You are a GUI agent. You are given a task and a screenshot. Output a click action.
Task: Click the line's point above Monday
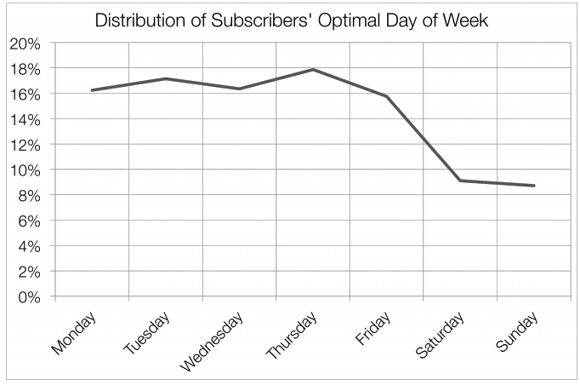pyautogui.click(x=92, y=90)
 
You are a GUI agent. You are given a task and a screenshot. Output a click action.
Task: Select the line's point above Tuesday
pyautogui.click(x=165, y=78)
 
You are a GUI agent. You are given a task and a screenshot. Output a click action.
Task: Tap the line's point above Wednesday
pyautogui.click(x=239, y=89)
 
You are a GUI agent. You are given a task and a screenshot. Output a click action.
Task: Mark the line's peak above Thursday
pyautogui.click(x=313, y=70)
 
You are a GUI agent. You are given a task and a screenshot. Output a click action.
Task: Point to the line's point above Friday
pyautogui.click(x=386, y=96)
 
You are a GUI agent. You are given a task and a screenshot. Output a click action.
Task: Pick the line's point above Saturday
pyautogui.click(x=460, y=181)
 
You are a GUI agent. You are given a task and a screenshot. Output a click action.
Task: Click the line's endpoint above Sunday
pyautogui.click(x=533, y=186)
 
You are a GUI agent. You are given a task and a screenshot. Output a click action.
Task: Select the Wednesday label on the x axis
pyautogui.click(x=213, y=342)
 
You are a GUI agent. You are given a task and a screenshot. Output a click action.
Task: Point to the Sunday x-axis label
pyautogui.click(x=516, y=332)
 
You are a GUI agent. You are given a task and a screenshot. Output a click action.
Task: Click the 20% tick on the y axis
pyautogui.click(x=28, y=43)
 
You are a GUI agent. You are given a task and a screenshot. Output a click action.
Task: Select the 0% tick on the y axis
pyautogui.click(x=32, y=297)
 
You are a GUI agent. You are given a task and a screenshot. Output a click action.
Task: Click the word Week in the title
pyautogui.click(x=467, y=20)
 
